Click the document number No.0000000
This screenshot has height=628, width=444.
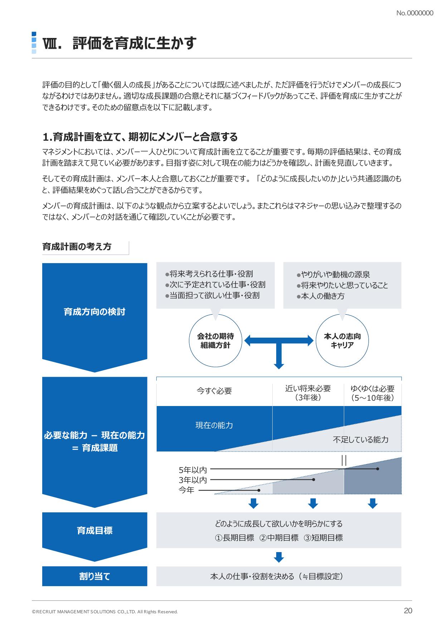(415, 13)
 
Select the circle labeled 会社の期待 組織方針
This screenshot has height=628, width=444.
(215, 340)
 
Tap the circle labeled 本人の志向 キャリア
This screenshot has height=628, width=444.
(342, 340)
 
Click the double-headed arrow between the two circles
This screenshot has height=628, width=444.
(279, 340)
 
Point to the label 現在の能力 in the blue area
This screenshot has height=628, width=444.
(214, 425)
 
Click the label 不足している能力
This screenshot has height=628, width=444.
(361, 440)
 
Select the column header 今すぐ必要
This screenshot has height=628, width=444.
(214, 391)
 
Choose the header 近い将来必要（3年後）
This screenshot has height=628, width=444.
(308, 393)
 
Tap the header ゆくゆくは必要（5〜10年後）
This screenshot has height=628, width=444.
(372, 393)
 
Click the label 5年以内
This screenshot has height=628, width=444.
(193, 469)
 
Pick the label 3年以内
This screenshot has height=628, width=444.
(193, 480)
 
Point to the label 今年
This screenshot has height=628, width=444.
(186, 490)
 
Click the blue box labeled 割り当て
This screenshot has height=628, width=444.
(94, 576)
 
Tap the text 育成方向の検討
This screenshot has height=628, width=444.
(94, 312)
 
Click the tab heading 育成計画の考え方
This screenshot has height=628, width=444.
(77, 246)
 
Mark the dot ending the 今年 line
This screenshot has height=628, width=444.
(259, 490)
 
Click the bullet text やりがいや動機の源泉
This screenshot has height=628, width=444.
(333, 275)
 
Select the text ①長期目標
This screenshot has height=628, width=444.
(235, 538)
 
